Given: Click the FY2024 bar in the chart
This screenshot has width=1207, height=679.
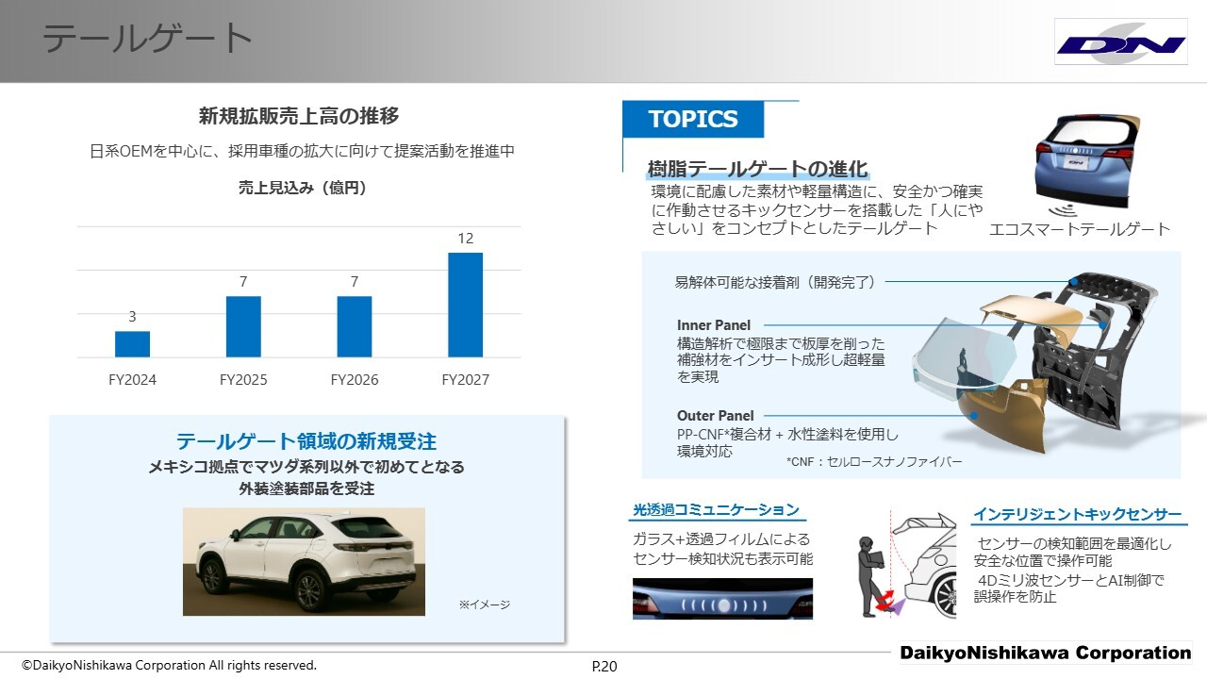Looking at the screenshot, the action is pyautogui.click(x=132, y=344).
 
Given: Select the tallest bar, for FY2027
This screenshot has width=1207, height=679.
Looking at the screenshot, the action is pyautogui.click(x=465, y=305).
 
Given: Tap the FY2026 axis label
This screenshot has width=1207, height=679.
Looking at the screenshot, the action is pyautogui.click(x=354, y=380).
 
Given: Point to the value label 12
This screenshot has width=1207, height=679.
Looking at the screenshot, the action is pyautogui.click(x=466, y=239).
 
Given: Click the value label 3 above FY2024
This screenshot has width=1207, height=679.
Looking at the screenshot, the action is pyautogui.click(x=132, y=316).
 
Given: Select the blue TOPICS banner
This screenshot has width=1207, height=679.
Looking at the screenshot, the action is pyautogui.click(x=693, y=119).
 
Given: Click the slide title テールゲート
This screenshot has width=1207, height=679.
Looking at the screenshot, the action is pyautogui.click(x=147, y=39).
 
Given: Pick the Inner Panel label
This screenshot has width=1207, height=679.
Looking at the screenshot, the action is pyautogui.click(x=714, y=325).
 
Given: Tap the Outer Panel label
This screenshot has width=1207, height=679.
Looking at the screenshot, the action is pyautogui.click(x=715, y=416).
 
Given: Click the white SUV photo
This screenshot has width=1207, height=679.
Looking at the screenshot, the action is pyautogui.click(x=304, y=561).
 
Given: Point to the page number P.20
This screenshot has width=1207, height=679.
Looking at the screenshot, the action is pyautogui.click(x=604, y=667).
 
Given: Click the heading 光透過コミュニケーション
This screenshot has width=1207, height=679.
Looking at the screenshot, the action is pyautogui.click(x=716, y=510).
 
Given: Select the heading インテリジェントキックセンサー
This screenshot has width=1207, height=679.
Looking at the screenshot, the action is pyautogui.click(x=1077, y=515).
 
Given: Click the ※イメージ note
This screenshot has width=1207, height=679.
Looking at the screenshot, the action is pyautogui.click(x=485, y=604).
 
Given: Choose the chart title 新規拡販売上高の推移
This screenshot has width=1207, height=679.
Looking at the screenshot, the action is pyautogui.click(x=299, y=116).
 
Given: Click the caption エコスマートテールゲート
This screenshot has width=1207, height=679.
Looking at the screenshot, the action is pyautogui.click(x=1080, y=229).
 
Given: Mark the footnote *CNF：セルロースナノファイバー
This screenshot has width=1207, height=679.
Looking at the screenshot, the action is pyautogui.click(x=874, y=462).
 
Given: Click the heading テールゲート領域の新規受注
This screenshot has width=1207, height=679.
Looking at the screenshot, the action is pyautogui.click(x=306, y=441).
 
